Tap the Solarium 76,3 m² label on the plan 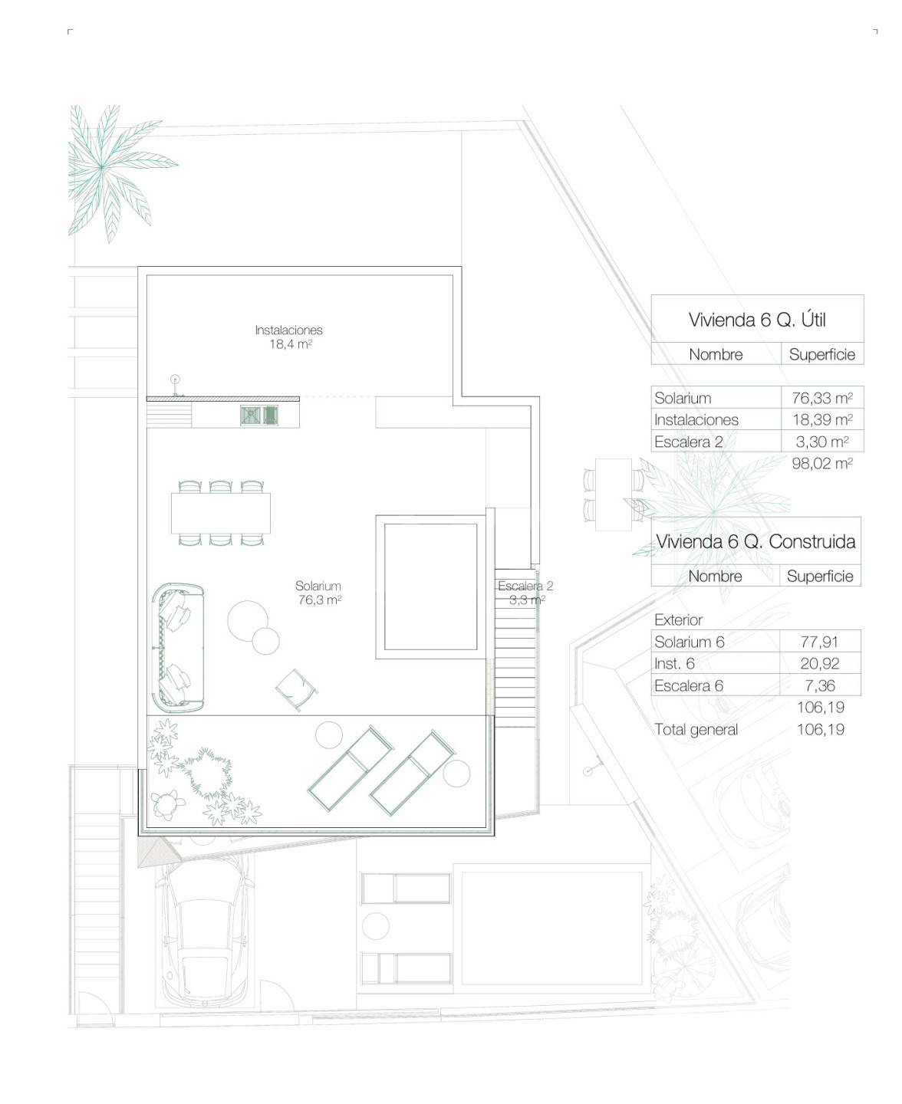coord(318,593)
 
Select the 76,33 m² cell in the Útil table coord(822,398)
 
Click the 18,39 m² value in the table coord(822,419)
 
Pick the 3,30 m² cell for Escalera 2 coord(822,442)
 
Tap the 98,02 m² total coord(822,463)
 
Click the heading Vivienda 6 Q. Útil coord(757,320)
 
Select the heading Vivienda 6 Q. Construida coord(756,541)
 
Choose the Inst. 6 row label coord(674,663)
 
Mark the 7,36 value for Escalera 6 coord(820,685)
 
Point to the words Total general coord(696,729)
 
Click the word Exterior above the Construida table coord(678,619)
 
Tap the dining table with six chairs coord(221,513)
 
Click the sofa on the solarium coord(178,648)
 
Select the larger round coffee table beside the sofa coord(248,620)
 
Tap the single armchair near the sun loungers coord(297,689)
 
